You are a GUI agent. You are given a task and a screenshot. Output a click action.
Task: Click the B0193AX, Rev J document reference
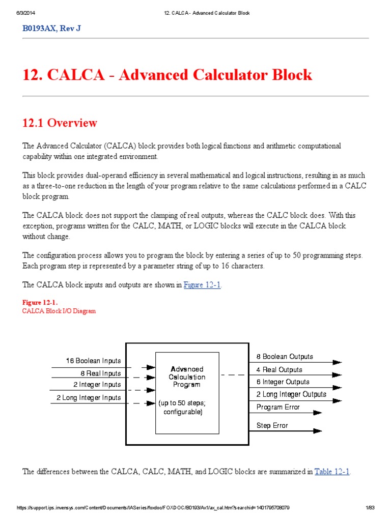click(x=51, y=28)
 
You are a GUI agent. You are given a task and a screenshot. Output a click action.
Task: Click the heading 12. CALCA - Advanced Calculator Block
click(x=167, y=75)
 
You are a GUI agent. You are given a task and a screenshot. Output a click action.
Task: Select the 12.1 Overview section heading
click(x=60, y=123)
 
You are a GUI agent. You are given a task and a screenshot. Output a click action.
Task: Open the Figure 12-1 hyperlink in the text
click(x=202, y=285)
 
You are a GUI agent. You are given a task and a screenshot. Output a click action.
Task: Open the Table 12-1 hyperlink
click(x=332, y=472)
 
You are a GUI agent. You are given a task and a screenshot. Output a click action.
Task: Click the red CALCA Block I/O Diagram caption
click(x=59, y=310)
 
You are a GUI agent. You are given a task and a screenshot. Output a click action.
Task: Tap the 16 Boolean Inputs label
click(x=93, y=361)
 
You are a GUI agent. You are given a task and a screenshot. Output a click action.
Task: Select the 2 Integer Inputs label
click(x=97, y=385)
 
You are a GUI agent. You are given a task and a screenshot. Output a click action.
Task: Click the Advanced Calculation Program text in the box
click(x=187, y=377)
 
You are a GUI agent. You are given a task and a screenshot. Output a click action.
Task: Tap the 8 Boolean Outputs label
click(x=285, y=357)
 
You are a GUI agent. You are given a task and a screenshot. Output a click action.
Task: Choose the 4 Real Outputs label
click(x=279, y=370)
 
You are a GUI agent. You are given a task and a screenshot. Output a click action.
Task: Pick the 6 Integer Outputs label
click(x=283, y=382)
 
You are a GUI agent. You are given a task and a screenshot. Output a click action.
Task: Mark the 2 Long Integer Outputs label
click(x=291, y=394)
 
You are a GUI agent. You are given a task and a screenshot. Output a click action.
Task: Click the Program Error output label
click(x=278, y=407)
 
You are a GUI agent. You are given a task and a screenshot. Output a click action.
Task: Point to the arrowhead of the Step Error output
click(x=318, y=431)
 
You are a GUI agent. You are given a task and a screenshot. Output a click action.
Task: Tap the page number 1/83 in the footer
click(x=370, y=508)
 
